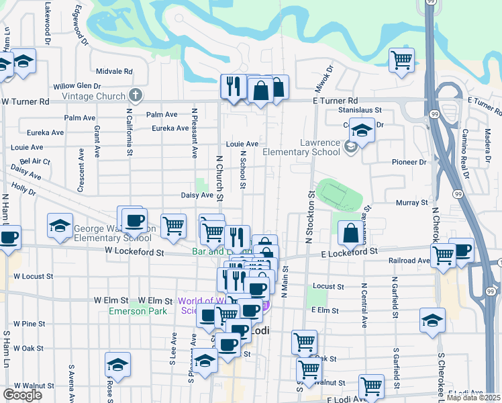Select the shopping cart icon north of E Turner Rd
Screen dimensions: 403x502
[x=401, y=59]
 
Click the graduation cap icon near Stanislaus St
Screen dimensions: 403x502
[x=362, y=130]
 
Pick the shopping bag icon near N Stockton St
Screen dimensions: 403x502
[x=350, y=233]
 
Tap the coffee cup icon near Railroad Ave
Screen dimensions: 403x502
[x=461, y=250]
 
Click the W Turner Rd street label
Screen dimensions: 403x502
[x=26, y=101]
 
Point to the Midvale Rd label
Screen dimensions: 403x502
[x=114, y=71]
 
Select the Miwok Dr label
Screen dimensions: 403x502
[x=324, y=79]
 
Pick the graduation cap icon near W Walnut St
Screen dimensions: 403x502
[x=117, y=365]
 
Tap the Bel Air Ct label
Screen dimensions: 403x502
[x=36, y=162]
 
